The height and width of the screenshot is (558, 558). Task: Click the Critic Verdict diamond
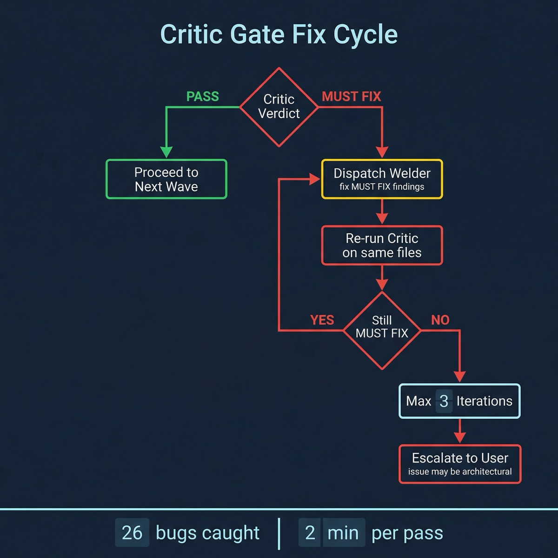pyautogui.click(x=279, y=107)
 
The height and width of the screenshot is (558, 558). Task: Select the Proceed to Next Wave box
pyautogui.click(x=166, y=179)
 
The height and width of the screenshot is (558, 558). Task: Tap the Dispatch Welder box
pyautogui.click(x=382, y=179)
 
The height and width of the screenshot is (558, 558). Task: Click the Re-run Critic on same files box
pyautogui.click(x=382, y=246)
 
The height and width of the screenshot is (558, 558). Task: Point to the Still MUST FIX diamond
pyautogui.click(x=382, y=330)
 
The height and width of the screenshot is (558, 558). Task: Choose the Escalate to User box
pyautogui.click(x=460, y=464)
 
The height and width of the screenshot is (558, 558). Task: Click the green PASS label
pyautogui.click(x=202, y=96)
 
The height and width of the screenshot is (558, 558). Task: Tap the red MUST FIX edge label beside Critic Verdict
pyautogui.click(x=351, y=96)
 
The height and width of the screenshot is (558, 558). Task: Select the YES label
pyautogui.click(x=322, y=320)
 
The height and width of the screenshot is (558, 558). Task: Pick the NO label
pyautogui.click(x=440, y=320)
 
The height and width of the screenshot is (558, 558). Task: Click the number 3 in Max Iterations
pyautogui.click(x=444, y=401)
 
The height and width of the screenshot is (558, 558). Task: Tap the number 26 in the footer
pyautogui.click(x=132, y=533)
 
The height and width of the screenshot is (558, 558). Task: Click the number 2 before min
pyautogui.click(x=310, y=533)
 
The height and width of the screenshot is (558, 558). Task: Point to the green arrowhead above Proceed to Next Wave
pyautogui.click(x=166, y=152)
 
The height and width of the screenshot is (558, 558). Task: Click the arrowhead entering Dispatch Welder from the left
pyautogui.click(x=315, y=179)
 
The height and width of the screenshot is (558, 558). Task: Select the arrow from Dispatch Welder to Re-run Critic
pyautogui.click(x=382, y=213)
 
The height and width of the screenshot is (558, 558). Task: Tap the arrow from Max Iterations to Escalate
pyautogui.click(x=460, y=432)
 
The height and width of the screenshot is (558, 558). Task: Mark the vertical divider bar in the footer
pyautogui.click(x=279, y=533)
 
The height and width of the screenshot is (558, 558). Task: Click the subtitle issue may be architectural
pyautogui.click(x=460, y=472)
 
